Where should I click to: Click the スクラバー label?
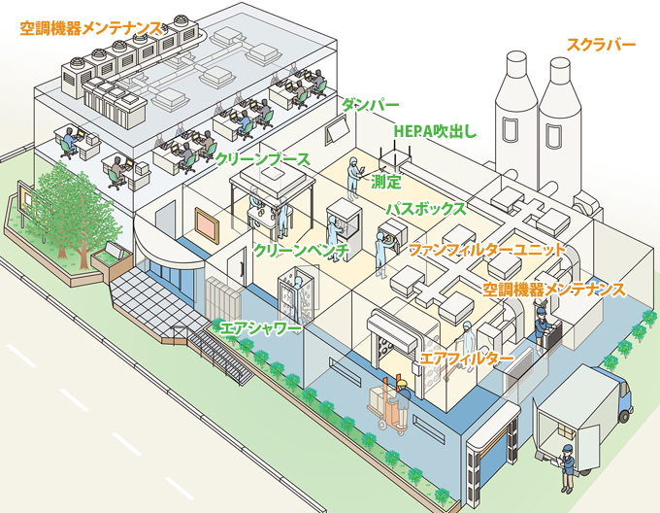click(601, 45)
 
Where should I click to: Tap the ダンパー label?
click(370, 105)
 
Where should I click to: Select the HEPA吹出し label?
click(435, 131)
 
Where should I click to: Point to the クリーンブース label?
click(263, 159)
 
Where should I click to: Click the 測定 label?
click(386, 182)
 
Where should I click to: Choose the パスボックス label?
click(426, 209)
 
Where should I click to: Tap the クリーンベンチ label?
click(302, 251)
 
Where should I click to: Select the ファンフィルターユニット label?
click(487, 250)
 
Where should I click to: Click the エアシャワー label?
click(260, 328)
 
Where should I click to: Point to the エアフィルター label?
click(467, 359)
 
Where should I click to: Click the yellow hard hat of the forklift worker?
click(402, 383)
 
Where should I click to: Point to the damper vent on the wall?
click(338, 130)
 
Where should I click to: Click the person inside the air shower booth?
click(300, 297)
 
